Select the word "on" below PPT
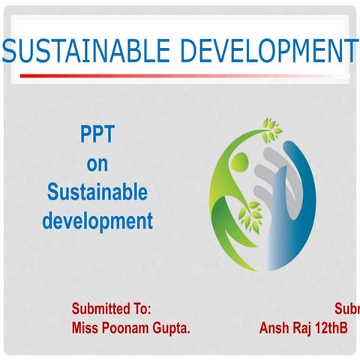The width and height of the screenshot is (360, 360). pos(97,164)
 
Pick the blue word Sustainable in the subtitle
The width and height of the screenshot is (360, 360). pos(97,193)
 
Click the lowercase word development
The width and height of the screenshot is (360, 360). pos(97,221)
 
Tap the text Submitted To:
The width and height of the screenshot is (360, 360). pos(111,308)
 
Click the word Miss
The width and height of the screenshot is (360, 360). pos(85,328)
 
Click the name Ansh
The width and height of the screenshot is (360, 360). pos(274,328)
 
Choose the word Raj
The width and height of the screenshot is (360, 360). pos(304,328)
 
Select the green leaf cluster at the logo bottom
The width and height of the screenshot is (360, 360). pos(247,217)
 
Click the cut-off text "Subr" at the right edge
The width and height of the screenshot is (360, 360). pos(346,308)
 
